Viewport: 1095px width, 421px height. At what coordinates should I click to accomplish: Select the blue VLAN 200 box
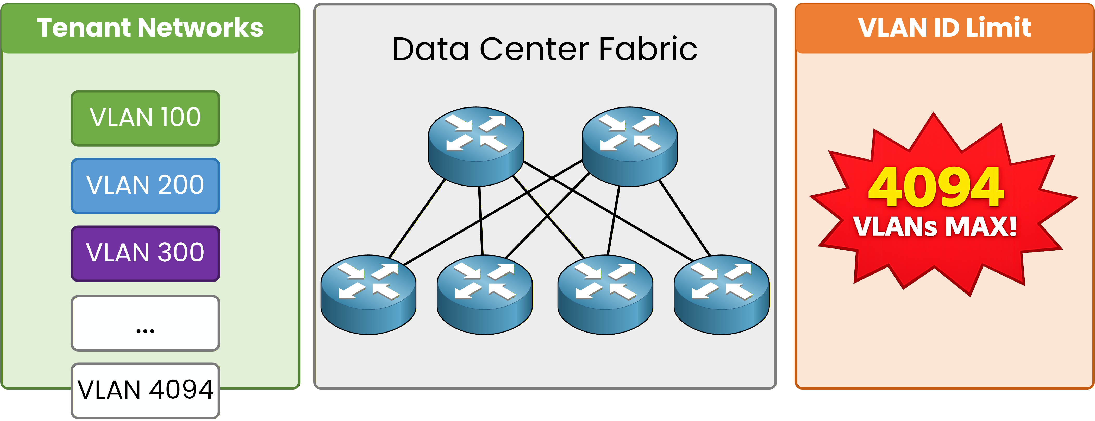pos(145,186)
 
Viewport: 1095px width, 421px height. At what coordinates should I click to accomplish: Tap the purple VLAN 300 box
pos(145,253)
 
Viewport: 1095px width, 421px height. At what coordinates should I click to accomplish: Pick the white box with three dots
pos(145,323)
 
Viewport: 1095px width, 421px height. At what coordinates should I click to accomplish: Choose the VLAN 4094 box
pos(145,390)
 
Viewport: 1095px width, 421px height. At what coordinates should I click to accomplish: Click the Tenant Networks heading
pos(150,28)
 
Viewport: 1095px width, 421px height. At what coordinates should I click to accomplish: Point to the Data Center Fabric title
pos(545,49)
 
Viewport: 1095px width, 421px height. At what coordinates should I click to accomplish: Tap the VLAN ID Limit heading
pos(944,28)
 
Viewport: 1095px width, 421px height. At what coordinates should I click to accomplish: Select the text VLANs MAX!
pos(935,226)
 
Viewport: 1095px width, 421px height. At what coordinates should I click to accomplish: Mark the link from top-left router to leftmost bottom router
pos(417,219)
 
